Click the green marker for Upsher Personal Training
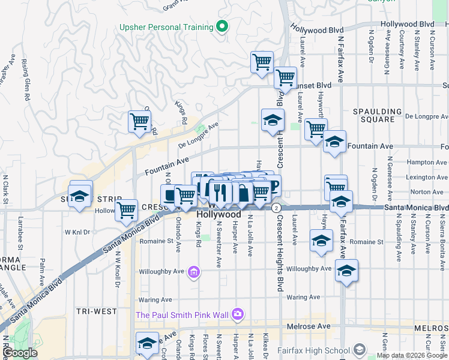pyautogui.click(x=221, y=26)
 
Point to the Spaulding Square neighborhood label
pyautogui.click(x=377, y=116)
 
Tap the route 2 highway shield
pyautogui.click(x=276, y=208)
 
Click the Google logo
pyautogui.click(x=20, y=353)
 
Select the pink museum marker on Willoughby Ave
pyautogui.click(x=193, y=273)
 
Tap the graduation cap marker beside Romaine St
pyautogui.click(x=321, y=241)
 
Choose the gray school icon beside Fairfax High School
pyautogui.click(x=359, y=349)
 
